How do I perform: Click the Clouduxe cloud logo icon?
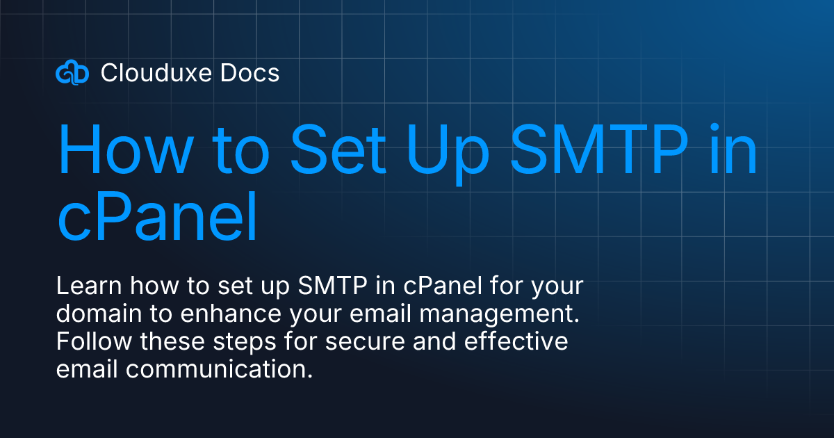pos(72,72)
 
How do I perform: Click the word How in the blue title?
pos(114,151)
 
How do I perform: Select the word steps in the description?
pos(241,342)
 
